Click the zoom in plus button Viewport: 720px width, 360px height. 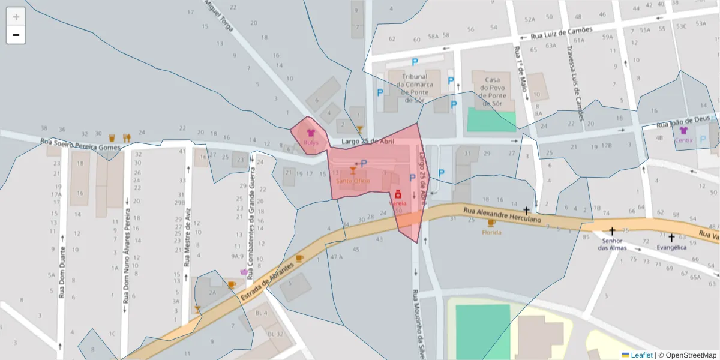(x=16, y=17)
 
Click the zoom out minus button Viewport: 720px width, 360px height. (x=16, y=35)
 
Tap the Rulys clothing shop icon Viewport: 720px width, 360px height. (x=311, y=133)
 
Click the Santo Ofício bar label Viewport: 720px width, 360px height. (x=353, y=181)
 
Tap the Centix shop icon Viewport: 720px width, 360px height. (x=683, y=131)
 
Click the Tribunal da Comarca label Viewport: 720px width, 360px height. (x=415, y=88)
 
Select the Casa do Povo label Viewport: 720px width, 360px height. (x=492, y=91)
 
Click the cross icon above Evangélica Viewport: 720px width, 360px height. (x=671, y=237)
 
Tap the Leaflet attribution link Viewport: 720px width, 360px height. (x=641, y=355)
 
